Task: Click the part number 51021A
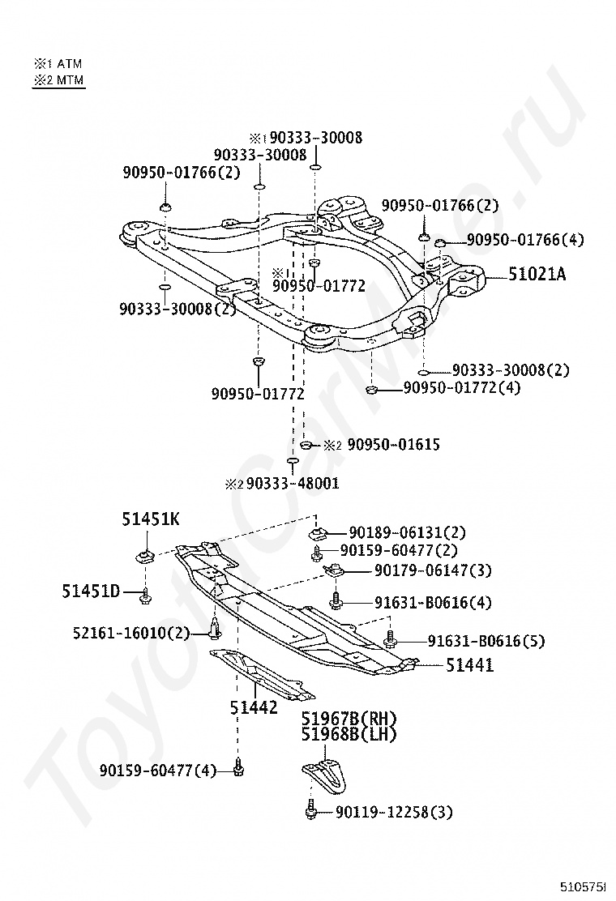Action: pyautogui.click(x=537, y=275)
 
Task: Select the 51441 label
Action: pyautogui.click(x=470, y=665)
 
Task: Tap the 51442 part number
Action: pyautogui.click(x=254, y=707)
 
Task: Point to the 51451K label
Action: pyautogui.click(x=152, y=519)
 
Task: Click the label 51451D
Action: pyautogui.click(x=91, y=591)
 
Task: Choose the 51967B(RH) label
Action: pyautogui.click(x=349, y=719)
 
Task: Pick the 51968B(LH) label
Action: pyautogui.click(x=349, y=734)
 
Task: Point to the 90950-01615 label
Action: pyautogui.click(x=383, y=445)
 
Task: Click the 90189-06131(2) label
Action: pyautogui.click(x=408, y=532)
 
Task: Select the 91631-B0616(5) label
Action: pyautogui.click(x=482, y=641)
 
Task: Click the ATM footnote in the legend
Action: pyautogui.click(x=58, y=63)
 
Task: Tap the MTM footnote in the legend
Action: pyautogui.click(x=58, y=79)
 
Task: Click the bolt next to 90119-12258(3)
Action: pyautogui.click(x=311, y=811)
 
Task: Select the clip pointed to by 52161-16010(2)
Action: pyautogui.click(x=213, y=628)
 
